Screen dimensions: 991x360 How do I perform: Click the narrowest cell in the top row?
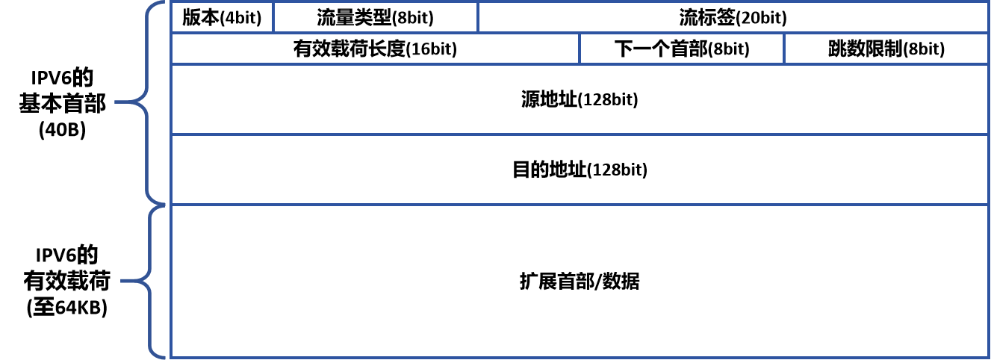(x=222, y=17)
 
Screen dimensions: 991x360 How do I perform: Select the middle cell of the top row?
(x=375, y=17)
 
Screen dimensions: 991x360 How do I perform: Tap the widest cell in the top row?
(x=732, y=17)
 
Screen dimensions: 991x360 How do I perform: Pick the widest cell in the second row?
(x=375, y=49)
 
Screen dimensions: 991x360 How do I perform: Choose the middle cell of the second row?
(x=681, y=49)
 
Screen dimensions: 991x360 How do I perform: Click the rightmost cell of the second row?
(x=885, y=49)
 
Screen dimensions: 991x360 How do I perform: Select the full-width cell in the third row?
(x=579, y=99)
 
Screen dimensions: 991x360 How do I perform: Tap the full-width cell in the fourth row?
(x=579, y=169)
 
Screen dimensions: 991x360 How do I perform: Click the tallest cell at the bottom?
(x=579, y=280)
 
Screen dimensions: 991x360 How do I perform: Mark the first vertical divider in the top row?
(x=273, y=17)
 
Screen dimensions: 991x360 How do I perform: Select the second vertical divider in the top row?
(x=478, y=17)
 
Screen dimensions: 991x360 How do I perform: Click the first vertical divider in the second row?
(x=580, y=49)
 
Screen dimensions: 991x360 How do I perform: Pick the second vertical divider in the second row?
(x=784, y=49)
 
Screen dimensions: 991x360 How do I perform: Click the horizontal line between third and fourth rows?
(x=579, y=134)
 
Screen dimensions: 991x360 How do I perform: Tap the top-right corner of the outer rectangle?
(x=987, y=2)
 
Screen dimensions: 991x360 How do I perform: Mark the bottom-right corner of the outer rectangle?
(x=987, y=357)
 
